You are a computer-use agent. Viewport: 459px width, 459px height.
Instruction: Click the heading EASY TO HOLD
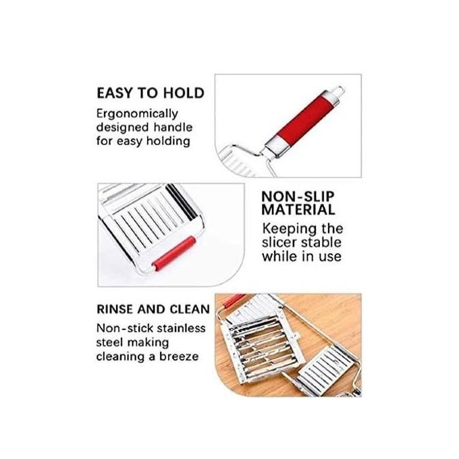pos(151,93)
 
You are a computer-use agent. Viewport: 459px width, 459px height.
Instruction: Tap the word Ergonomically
pos(137,114)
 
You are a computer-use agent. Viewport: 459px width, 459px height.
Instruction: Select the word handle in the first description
pos(173,128)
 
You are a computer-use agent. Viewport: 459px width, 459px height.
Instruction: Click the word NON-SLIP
pos(298,196)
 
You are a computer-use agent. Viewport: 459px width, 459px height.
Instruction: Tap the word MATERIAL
pos(298,210)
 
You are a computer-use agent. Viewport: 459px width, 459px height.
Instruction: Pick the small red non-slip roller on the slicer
pos(174,254)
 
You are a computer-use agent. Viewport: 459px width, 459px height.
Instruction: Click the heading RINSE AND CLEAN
pos(153,309)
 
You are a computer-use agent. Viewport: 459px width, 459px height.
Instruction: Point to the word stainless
pos(182,328)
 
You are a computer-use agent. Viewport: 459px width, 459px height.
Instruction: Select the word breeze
pos(179,356)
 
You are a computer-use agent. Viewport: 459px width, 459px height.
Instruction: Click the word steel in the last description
pos(110,342)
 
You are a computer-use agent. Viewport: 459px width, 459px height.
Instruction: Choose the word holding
pos(168,141)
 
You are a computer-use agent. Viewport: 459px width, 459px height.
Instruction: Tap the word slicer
pos(280,242)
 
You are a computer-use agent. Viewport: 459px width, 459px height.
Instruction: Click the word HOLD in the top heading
pos(184,93)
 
